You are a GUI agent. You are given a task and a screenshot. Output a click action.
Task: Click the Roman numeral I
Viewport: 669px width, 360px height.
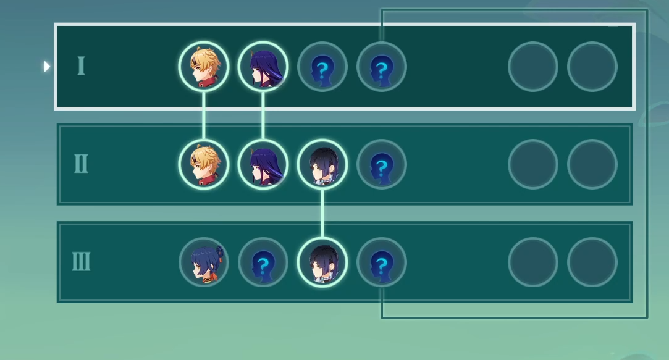tap(80, 66)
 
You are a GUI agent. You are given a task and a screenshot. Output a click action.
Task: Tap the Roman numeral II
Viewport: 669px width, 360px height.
tap(81, 164)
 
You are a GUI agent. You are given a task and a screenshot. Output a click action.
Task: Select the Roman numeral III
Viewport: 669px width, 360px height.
tap(81, 262)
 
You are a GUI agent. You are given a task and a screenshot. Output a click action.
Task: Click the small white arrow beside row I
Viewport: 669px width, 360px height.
tap(47, 66)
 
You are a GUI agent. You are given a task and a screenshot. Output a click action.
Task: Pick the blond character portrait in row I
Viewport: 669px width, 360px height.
tap(204, 67)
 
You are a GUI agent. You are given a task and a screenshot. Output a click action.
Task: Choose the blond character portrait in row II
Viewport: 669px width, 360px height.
tap(204, 164)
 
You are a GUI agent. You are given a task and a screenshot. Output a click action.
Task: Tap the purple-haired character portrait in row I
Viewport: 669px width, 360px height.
tap(263, 67)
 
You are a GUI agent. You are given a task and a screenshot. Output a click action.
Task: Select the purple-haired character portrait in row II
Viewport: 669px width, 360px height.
tap(263, 164)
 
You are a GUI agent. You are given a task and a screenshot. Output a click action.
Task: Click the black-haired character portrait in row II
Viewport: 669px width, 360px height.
tap(322, 164)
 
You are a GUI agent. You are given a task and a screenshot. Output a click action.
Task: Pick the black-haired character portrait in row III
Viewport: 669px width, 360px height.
tap(322, 262)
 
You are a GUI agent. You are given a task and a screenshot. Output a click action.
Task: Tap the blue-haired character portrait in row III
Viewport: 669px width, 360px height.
tap(204, 262)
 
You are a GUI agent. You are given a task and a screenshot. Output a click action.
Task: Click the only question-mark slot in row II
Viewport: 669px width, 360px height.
tap(382, 164)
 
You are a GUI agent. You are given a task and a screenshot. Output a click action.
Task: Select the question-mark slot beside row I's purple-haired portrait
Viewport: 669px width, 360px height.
tap(322, 67)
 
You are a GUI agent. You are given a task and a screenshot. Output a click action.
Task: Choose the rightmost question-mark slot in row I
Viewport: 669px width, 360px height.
tap(382, 67)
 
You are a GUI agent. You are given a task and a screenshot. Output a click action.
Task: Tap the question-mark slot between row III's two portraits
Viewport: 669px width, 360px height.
tap(263, 262)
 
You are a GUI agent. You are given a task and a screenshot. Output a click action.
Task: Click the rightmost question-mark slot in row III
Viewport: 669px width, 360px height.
tap(382, 262)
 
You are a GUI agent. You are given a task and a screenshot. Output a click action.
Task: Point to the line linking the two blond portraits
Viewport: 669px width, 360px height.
tap(204, 115)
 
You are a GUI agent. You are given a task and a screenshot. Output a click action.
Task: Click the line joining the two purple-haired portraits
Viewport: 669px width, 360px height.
tap(263, 115)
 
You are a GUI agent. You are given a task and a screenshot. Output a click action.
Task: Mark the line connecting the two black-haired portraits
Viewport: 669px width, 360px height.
tap(322, 213)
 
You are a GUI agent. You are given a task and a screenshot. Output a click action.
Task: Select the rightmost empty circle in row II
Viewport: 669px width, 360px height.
tap(592, 164)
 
